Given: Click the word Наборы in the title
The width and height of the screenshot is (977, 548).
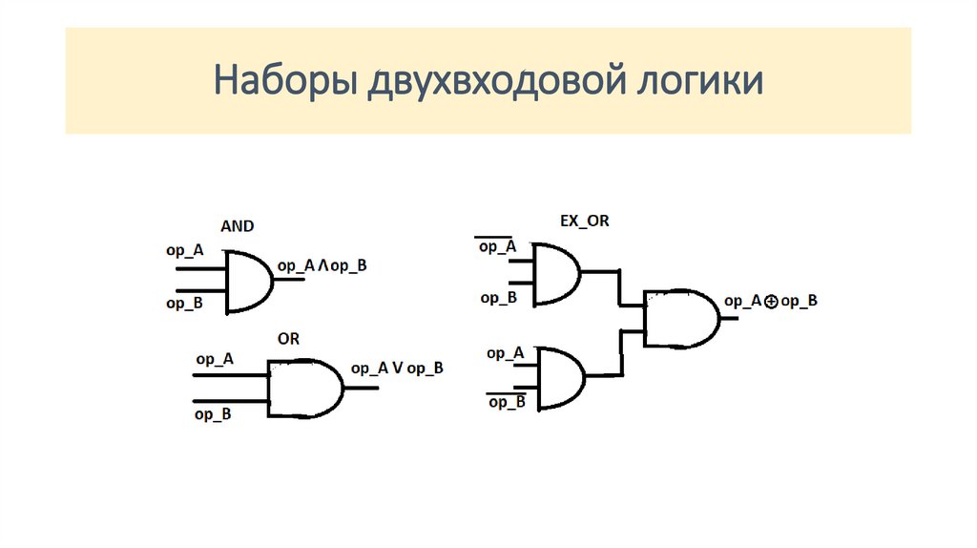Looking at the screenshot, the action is [x=285, y=81].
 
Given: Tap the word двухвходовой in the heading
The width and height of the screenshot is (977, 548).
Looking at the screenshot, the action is [x=496, y=81].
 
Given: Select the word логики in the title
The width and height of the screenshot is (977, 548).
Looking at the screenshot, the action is [x=700, y=81].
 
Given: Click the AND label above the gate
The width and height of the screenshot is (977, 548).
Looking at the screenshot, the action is [x=238, y=225].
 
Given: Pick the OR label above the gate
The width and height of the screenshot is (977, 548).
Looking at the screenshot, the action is [x=288, y=339].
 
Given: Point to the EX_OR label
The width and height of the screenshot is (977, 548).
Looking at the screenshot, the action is [x=585, y=221].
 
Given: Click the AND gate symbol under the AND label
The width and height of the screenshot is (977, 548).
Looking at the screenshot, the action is [x=249, y=282].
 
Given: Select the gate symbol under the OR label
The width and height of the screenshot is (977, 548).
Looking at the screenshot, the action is [x=305, y=388].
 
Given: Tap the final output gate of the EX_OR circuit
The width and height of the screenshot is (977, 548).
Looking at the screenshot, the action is [x=681, y=318].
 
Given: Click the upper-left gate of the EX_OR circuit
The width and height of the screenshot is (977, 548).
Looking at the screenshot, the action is [x=557, y=274].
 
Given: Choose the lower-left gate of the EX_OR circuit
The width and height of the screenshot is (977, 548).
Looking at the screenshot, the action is [x=561, y=378].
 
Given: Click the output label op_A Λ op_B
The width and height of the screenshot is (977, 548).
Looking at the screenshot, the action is [x=322, y=266].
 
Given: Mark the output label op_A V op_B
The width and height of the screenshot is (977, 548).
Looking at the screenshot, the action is [x=397, y=369].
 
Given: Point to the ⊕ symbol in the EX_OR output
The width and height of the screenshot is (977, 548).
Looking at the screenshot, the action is [x=771, y=303].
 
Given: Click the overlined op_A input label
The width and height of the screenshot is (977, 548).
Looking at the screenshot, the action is [x=496, y=245].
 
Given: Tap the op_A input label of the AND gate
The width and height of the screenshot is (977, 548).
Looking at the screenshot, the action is [x=185, y=251].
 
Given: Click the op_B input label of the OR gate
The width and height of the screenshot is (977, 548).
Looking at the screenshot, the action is [x=213, y=414].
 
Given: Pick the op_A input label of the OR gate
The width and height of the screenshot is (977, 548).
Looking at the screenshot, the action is [x=215, y=359].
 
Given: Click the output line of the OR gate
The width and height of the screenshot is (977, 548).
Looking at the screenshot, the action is [x=362, y=388].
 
